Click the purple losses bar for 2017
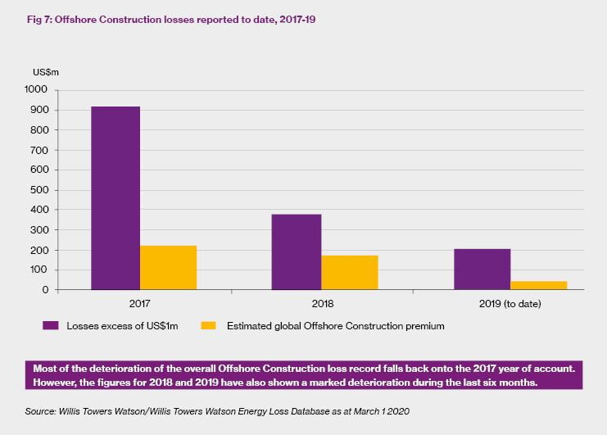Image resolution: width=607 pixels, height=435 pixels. click(115, 197)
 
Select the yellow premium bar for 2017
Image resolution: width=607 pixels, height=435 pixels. click(168, 268)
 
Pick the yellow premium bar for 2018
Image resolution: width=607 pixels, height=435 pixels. click(350, 272)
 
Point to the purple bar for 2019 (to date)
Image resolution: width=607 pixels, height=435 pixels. click(482, 269)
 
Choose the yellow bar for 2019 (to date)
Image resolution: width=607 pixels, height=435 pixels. click(538, 285)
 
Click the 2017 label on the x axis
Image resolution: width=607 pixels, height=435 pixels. click(142, 304)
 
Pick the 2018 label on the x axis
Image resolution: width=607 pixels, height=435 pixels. click(324, 304)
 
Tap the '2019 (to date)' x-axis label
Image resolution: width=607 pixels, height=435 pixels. click(510, 304)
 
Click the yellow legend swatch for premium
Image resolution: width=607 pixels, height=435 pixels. click(208, 326)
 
